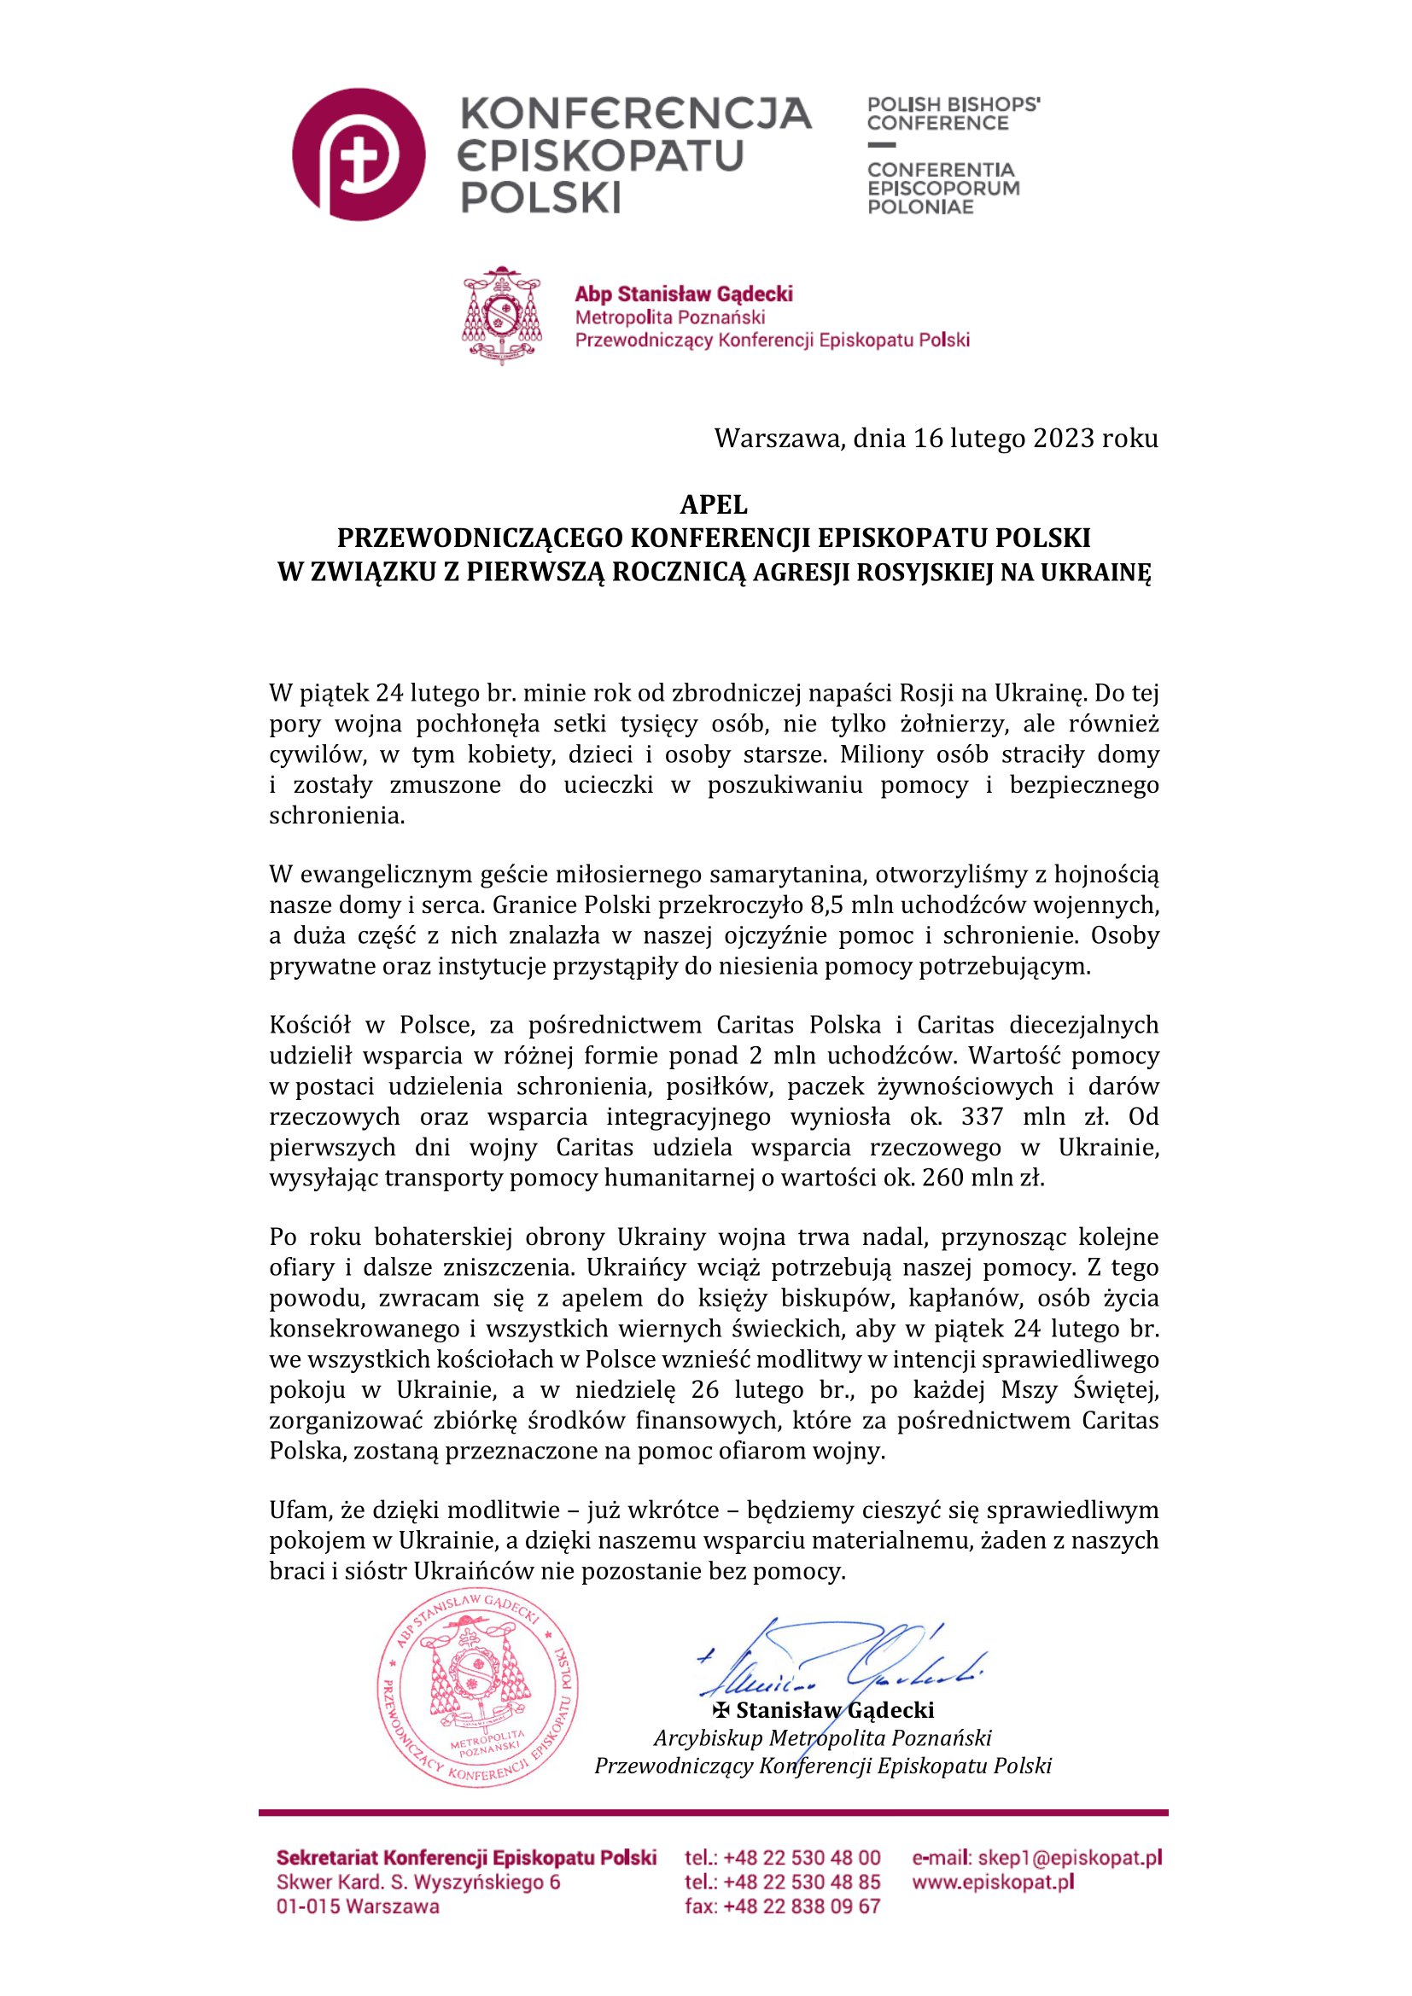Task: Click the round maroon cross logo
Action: coord(359,154)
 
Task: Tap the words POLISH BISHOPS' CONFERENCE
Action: coord(953,113)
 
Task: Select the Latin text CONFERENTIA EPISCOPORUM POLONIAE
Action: coord(943,188)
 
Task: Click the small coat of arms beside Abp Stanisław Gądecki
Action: coord(502,316)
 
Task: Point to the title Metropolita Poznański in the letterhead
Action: coord(669,317)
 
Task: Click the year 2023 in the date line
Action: coord(1063,438)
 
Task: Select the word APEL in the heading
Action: coord(713,504)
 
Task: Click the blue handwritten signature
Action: coord(839,1661)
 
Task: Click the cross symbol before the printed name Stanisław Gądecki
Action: coord(721,1711)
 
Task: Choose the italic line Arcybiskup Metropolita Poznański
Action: coord(821,1737)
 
